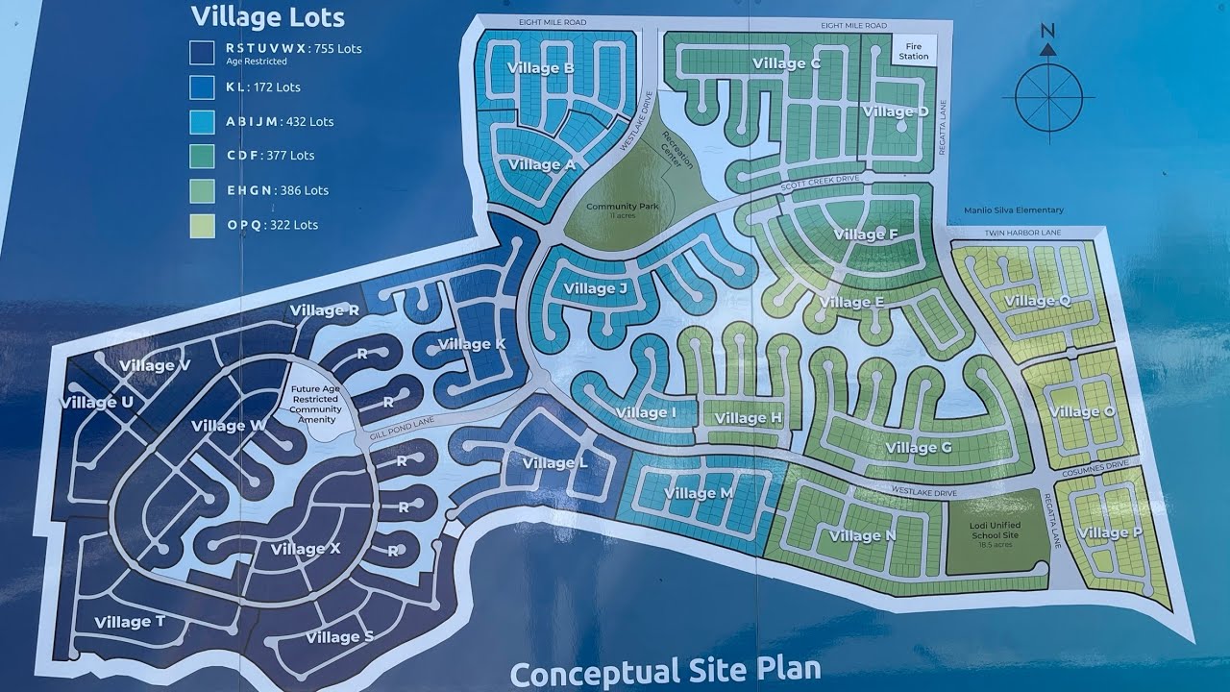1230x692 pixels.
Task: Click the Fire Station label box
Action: click(914, 50)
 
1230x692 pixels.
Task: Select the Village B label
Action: click(541, 68)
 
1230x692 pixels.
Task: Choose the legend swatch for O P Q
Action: click(202, 225)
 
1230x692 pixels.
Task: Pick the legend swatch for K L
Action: click(202, 86)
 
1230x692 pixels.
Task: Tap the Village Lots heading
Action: click(267, 16)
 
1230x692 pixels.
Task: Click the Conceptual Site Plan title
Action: click(665, 671)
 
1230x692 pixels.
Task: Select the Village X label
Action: click(305, 549)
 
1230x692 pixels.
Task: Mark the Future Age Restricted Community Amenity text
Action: click(316, 405)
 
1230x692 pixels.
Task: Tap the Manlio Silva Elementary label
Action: click(1014, 210)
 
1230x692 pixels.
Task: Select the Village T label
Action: click(130, 622)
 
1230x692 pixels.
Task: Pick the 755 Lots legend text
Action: click(332, 48)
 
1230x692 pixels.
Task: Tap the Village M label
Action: click(699, 493)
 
